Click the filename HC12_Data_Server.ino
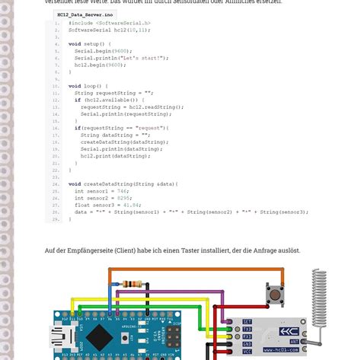pos(85,14)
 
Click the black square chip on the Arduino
pos(99,337)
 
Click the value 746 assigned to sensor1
pos(113,191)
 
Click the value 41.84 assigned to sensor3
pos(131,205)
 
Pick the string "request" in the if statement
pos(149,128)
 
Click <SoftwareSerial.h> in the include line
pos(124,24)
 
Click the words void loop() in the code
pos(85,86)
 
